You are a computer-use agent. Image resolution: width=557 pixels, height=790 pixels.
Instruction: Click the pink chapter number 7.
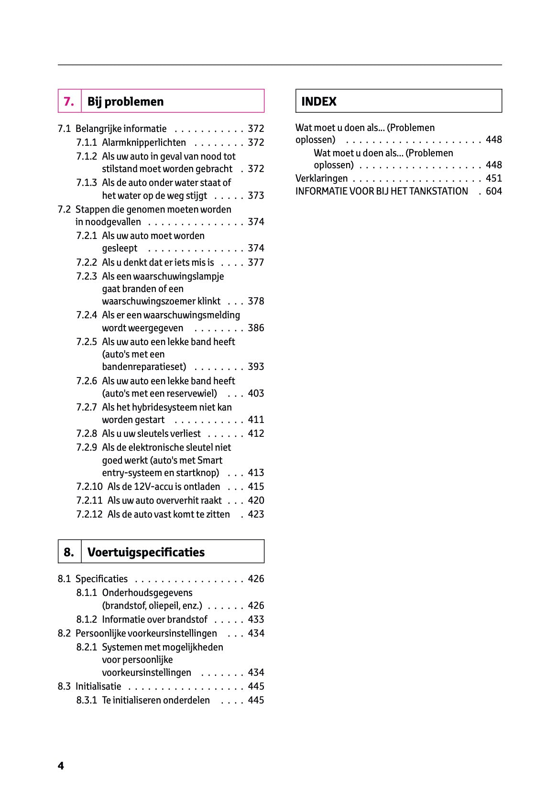[x=69, y=101]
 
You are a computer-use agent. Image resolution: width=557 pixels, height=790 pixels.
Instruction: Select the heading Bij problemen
[x=125, y=101]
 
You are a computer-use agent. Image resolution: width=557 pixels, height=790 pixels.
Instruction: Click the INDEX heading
[x=319, y=101]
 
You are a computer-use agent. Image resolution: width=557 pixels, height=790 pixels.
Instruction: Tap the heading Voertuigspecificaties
[x=146, y=552]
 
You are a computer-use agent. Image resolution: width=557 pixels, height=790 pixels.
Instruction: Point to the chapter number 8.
[x=69, y=552]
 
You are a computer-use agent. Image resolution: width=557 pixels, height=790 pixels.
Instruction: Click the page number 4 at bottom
[x=61, y=766]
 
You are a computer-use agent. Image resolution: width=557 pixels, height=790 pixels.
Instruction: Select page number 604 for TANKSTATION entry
[x=494, y=191]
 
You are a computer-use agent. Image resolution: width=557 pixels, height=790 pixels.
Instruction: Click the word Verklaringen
[x=322, y=178]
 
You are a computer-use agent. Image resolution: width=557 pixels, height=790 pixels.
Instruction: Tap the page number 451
[x=494, y=178]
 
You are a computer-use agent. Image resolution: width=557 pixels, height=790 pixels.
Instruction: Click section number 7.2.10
[x=89, y=487]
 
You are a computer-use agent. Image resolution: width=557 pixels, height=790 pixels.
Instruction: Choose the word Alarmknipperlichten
[x=144, y=142]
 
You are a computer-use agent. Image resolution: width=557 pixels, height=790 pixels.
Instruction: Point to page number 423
[x=256, y=514]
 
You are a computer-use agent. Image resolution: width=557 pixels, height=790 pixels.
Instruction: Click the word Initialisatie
[x=98, y=686]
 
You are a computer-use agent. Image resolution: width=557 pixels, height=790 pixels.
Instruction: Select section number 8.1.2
[x=87, y=619]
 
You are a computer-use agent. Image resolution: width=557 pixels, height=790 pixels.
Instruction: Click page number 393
[x=256, y=367]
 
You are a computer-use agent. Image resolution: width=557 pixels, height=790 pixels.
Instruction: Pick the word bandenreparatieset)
[x=144, y=367]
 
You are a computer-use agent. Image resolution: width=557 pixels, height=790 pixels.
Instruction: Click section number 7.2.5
[x=87, y=342]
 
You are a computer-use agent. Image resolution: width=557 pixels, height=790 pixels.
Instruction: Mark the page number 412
[x=256, y=433]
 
